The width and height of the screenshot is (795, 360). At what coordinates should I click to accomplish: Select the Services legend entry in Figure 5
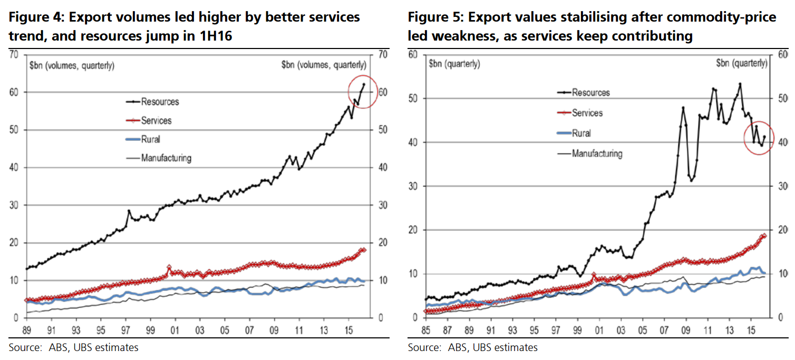pyautogui.click(x=587, y=113)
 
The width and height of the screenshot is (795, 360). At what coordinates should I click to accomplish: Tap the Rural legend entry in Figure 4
pyautogui.click(x=150, y=139)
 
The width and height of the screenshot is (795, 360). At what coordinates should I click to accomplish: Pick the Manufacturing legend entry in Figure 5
pyautogui.click(x=597, y=154)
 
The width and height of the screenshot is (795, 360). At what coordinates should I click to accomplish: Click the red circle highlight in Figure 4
pyautogui.click(x=362, y=92)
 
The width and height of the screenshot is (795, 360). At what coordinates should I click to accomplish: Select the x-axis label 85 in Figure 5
pyautogui.click(x=425, y=333)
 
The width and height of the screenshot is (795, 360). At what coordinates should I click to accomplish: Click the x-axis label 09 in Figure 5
pyautogui.click(x=685, y=333)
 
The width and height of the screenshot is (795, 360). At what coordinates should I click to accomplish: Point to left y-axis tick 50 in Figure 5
pyautogui.click(x=414, y=99)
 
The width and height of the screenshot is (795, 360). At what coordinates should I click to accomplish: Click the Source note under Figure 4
pyautogui.click(x=73, y=347)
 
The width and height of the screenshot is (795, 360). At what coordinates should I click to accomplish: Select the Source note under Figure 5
pyautogui.click(x=472, y=347)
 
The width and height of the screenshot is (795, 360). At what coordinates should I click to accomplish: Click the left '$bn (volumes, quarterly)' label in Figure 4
pyautogui.click(x=71, y=65)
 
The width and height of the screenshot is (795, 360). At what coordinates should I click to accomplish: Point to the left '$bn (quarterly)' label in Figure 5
pyautogui.click(x=454, y=64)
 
